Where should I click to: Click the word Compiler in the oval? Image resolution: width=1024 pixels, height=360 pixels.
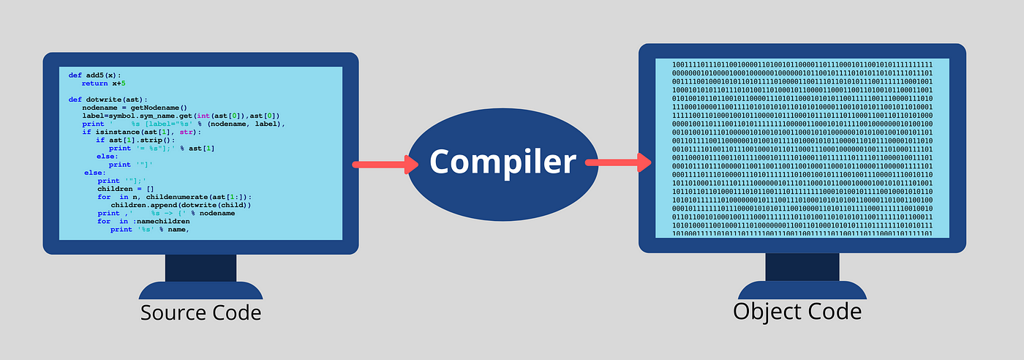(x=502, y=161)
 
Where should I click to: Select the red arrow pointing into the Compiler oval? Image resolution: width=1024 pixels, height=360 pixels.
(x=380, y=164)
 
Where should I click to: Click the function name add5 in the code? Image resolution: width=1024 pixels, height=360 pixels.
(x=97, y=75)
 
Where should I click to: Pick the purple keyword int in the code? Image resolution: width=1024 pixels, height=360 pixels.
(x=197, y=116)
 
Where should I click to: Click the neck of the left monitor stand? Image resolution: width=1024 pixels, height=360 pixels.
(x=190, y=267)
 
